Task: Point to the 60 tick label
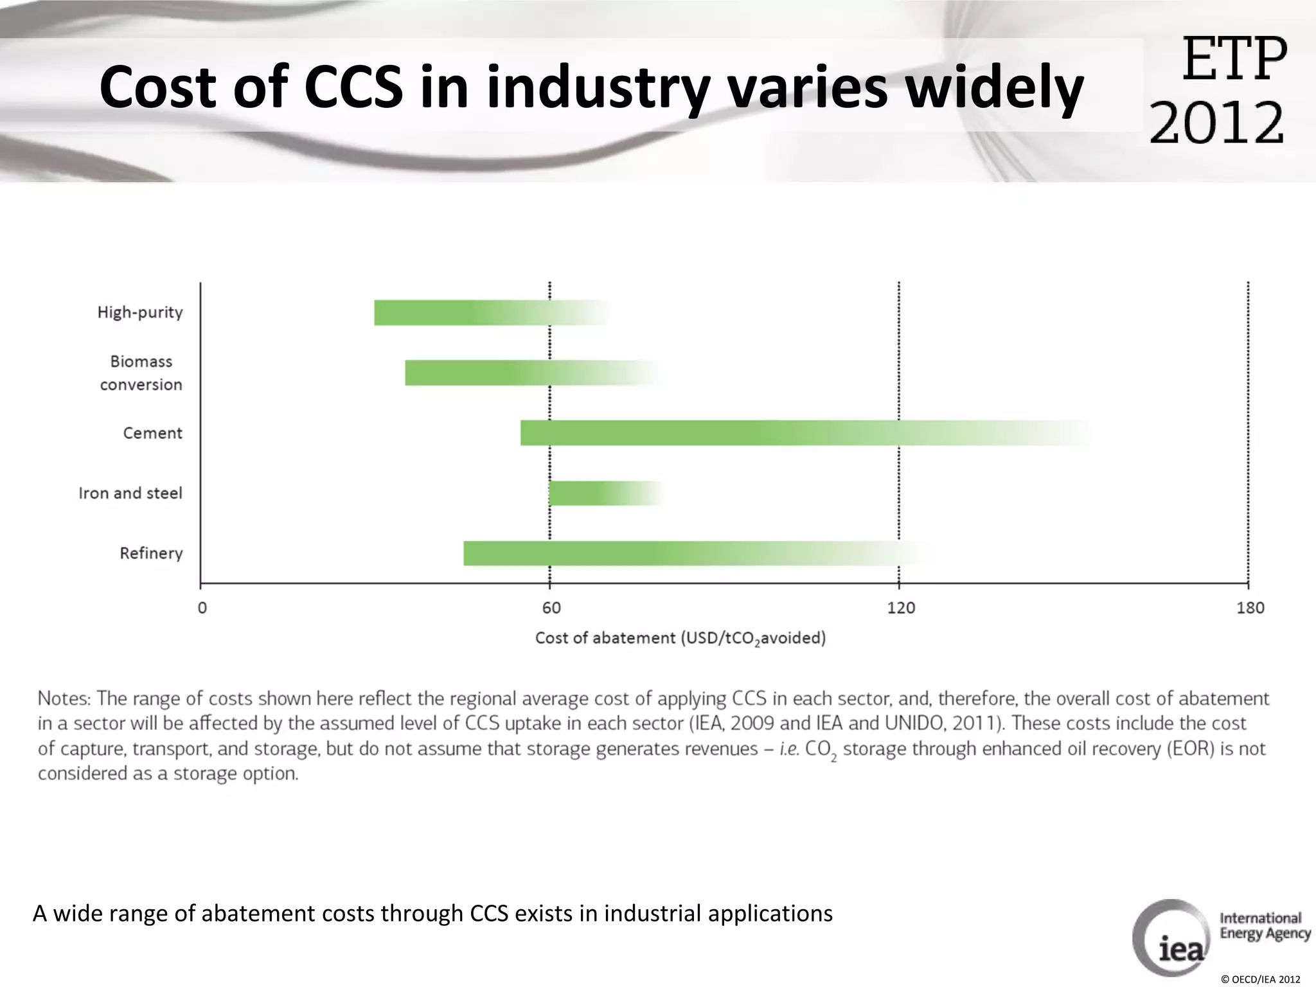pyautogui.click(x=551, y=608)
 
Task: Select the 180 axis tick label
pyautogui.click(x=1250, y=608)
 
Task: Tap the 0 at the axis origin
pyautogui.click(x=202, y=608)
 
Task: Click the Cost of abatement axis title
pyautogui.click(x=680, y=638)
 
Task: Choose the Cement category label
pyautogui.click(x=152, y=433)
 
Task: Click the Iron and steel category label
pyautogui.click(x=130, y=493)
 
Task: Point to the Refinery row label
pyautogui.click(x=151, y=553)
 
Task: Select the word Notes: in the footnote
pyautogui.click(x=64, y=698)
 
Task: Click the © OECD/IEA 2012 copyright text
pyautogui.click(x=1260, y=979)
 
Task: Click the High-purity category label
pyautogui.click(x=140, y=312)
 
